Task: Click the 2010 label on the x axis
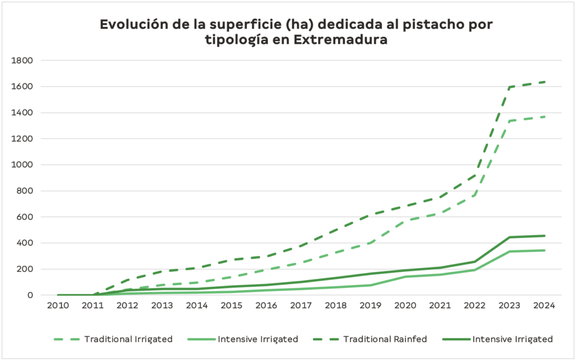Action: click(x=58, y=306)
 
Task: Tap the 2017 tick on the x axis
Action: click(x=300, y=306)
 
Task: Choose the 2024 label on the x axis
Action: click(x=544, y=306)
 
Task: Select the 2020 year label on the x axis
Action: click(x=405, y=306)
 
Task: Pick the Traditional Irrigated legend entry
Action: click(x=128, y=339)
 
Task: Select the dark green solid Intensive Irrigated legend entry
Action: click(x=512, y=339)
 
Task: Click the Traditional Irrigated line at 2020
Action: click(x=405, y=220)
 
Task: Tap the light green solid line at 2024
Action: click(x=544, y=250)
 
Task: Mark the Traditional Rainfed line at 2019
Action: click(x=370, y=215)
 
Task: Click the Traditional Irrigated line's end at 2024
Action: click(x=544, y=116)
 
